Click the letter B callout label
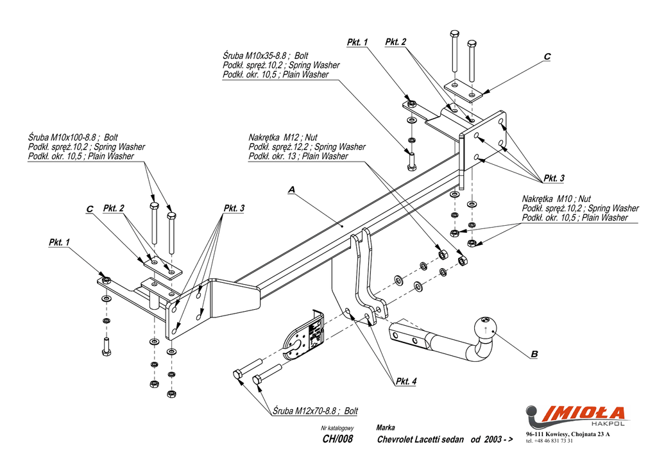[534, 353]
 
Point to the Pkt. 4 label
[405, 382]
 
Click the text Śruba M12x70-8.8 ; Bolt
[315, 411]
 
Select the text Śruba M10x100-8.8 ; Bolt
[73, 138]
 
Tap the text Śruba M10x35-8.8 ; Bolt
[266, 56]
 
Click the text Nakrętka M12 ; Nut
[283, 138]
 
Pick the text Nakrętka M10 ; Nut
[556, 199]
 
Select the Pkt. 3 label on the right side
[554, 178]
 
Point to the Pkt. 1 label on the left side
[59, 242]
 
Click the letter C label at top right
[547, 57]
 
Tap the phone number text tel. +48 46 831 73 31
[549, 441]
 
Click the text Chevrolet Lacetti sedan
[420, 440]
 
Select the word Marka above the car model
[386, 428]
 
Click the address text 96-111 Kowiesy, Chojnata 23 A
[568, 435]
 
